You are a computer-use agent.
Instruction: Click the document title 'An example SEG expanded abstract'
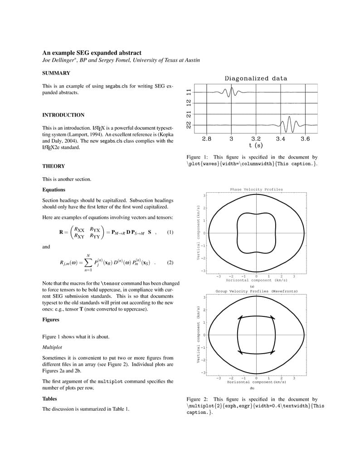click(x=92, y=53)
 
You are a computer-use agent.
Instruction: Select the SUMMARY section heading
click(x=56, y=73)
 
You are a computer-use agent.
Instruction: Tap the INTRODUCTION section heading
click(x=63, y=115)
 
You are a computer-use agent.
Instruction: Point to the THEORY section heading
click(x=54, y=166)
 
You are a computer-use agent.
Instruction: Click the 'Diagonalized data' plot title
click(x=256, y=78)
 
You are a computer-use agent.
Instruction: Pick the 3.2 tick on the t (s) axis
click(x=256, y=139)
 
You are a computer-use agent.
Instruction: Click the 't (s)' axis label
click(x=256, y=146)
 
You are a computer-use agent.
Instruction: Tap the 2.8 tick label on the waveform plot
click(x=206, y=139)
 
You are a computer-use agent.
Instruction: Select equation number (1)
click(x=170, y=233)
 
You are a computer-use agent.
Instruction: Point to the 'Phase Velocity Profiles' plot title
click(x=256, y=189)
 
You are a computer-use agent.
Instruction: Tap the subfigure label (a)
click(x=252, y=286)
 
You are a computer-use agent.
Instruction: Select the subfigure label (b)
click(x=252, y=388)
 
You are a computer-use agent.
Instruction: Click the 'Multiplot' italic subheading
click(x=52, y=347)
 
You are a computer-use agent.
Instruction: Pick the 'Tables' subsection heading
click(x=50, y=399)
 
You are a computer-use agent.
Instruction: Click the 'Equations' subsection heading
click(x=54, y=190)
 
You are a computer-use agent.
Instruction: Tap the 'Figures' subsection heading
click(x=51, y=320)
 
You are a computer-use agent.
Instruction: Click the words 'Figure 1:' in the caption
click(x=197, y=157)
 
